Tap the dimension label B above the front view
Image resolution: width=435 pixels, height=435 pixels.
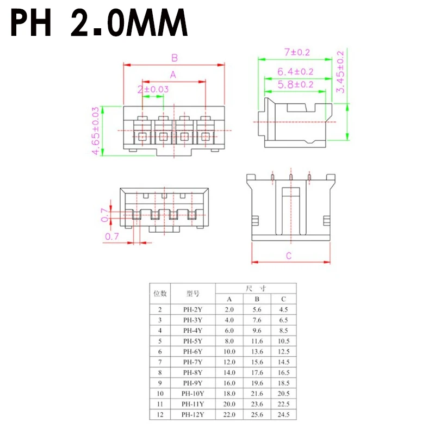[175, 58]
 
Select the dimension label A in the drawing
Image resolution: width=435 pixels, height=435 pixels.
[173, 74]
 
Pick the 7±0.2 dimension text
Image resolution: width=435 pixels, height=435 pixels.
[297, 52]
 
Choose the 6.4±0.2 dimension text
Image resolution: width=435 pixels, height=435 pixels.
[295, 71]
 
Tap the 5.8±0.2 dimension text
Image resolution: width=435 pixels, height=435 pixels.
[295, 84]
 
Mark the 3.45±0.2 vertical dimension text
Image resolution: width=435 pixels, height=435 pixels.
[341, 72]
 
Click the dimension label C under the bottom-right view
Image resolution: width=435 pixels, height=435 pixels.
[289, 256]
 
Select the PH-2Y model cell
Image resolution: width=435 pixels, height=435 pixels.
[192, 310]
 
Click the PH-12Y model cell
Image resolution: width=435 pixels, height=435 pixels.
[192, 415]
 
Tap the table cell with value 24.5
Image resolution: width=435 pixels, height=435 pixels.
[283, 415]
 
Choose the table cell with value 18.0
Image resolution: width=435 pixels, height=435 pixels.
[229, 394]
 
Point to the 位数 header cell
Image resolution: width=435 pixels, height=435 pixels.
[160, 294]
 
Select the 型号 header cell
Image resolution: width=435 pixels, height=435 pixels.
[192, 294]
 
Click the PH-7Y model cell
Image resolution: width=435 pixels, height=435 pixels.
[192, 362]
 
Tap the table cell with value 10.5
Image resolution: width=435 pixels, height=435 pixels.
[283, 341]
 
